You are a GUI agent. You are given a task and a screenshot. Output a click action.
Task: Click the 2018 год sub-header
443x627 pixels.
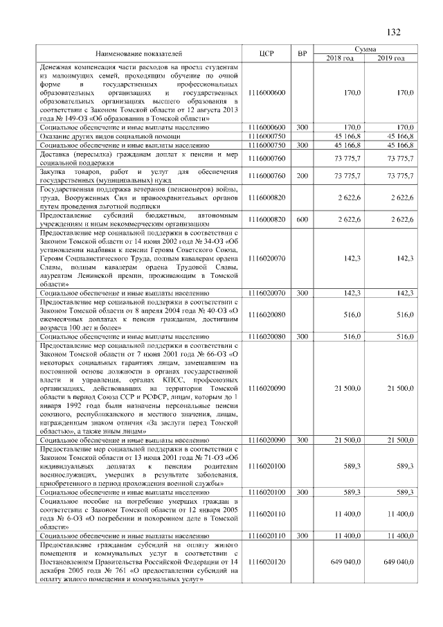pyautogui.click(x=340, y=58)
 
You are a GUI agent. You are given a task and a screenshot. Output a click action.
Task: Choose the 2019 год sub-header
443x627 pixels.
pyautogui.click(x=392, y=58)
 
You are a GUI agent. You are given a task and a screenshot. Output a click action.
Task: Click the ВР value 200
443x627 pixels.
pyautogui.click(x=302, y=177)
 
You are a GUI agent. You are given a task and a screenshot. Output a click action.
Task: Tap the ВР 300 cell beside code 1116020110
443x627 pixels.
pyautogui.click(x=302, y=536)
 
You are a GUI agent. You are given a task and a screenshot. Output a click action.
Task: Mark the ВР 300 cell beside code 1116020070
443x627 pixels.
pyautogui.click(x=302, y=294)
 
